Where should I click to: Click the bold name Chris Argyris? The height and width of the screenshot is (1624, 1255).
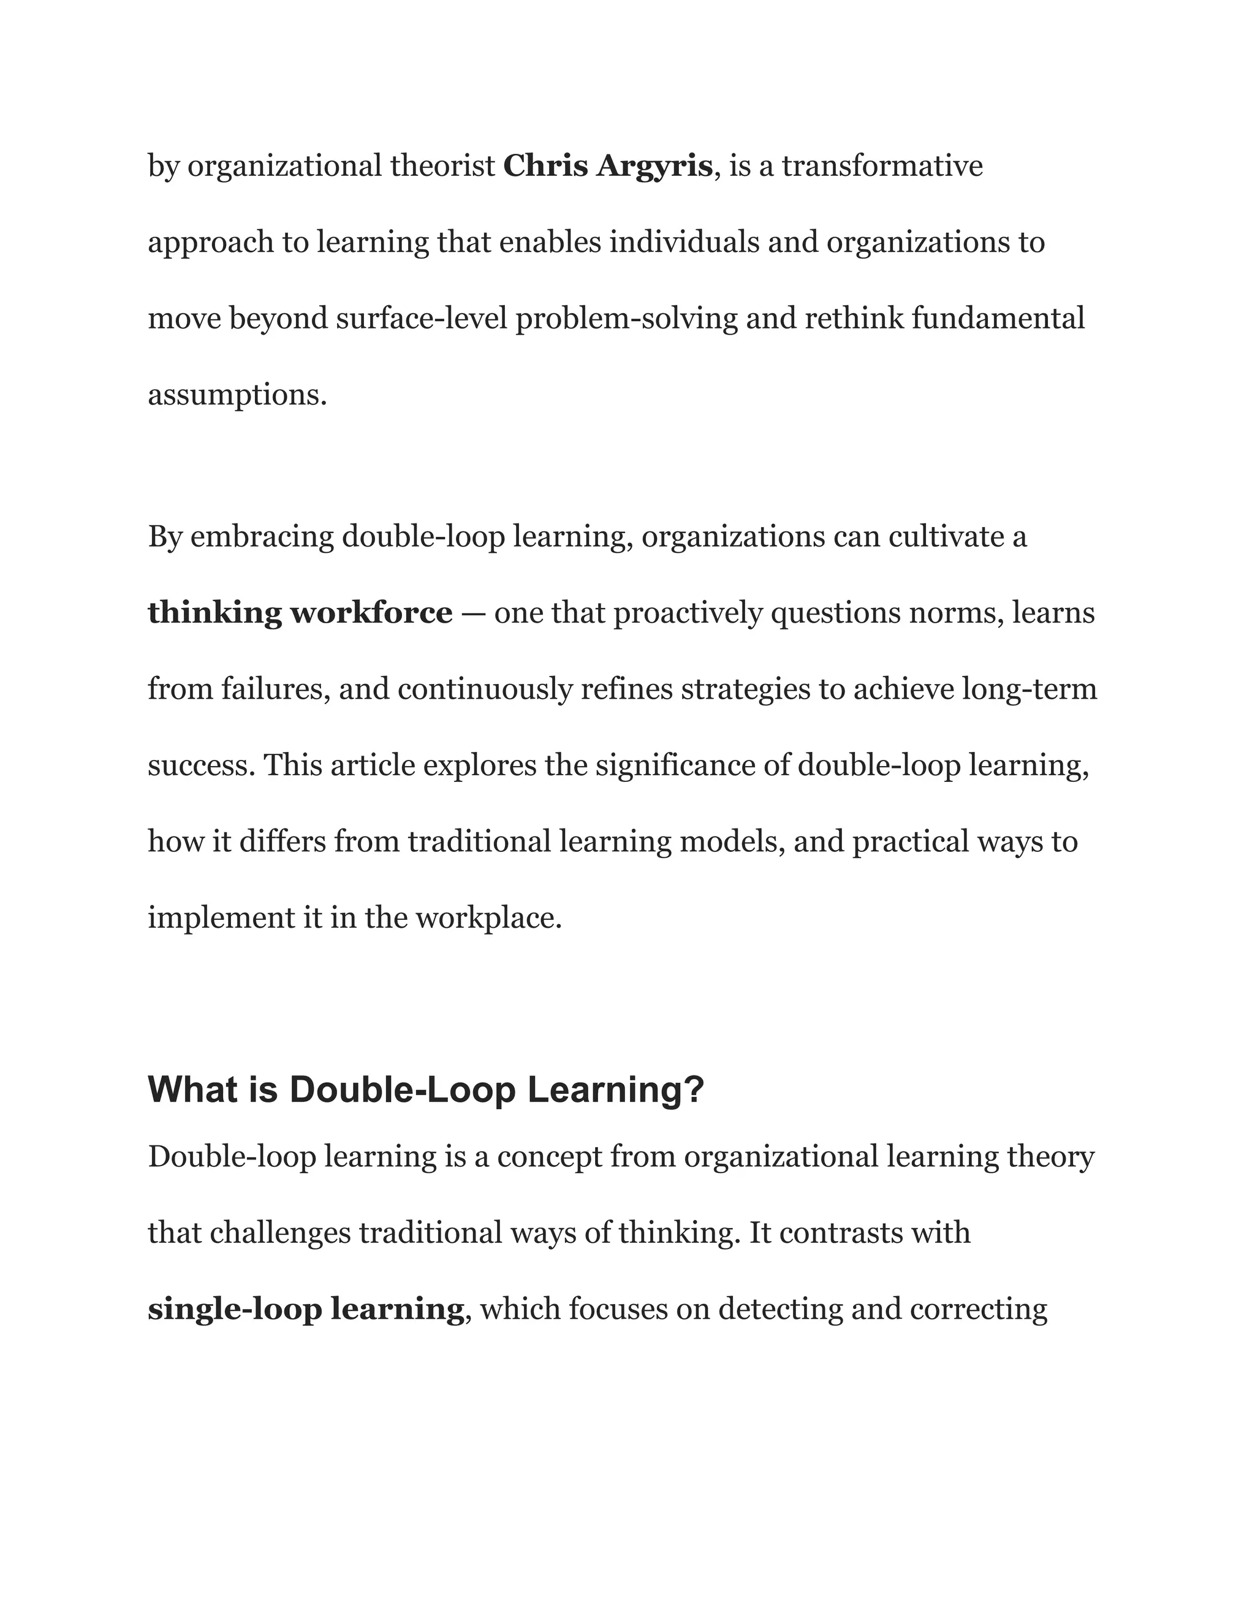pos(607,166)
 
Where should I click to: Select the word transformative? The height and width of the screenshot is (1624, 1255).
pos(882,166)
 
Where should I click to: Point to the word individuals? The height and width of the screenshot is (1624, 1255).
pos(684,243)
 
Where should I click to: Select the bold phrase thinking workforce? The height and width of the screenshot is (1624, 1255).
pos(300,613)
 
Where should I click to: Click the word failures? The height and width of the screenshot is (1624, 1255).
pos(275,689)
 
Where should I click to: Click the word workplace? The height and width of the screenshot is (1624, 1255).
pos(488,917)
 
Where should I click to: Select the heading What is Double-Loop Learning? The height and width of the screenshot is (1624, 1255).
pos(425,1090)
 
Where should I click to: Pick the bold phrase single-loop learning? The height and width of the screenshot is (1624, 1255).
pos(306,1309)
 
